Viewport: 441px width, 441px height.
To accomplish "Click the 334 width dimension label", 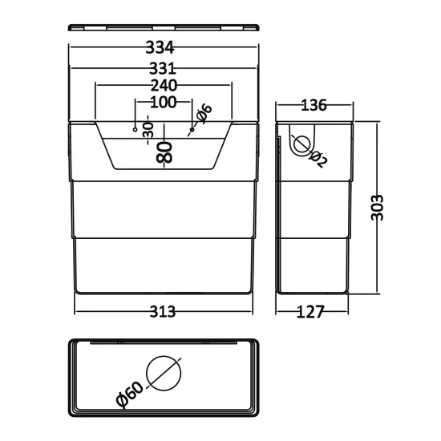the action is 160,47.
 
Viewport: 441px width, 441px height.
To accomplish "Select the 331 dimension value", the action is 163,68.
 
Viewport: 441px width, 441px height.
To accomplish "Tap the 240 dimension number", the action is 164,85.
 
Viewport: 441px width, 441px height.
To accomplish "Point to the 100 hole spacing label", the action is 164,102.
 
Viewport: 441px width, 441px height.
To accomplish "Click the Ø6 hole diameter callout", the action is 204,113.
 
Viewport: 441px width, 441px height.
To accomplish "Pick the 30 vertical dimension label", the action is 149,130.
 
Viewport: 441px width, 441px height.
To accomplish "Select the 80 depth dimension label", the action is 164,152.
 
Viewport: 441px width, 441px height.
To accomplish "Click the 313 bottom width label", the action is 162,312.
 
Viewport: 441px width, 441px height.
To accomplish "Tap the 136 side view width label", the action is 314,106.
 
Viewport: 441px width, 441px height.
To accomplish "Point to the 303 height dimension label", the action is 377,208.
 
